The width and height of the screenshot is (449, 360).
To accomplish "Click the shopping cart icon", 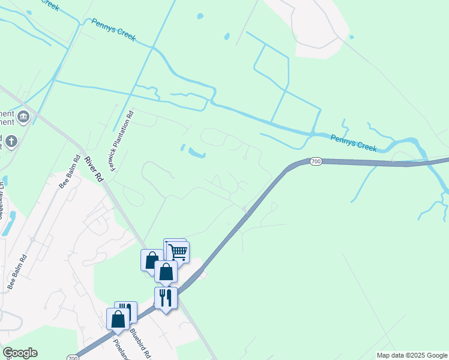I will click(178, 251).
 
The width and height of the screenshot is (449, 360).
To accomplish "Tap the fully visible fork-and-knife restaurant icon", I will click(166, 298).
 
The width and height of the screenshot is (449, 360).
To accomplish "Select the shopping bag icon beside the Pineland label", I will click(118, 319).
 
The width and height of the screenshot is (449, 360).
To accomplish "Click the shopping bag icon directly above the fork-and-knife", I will click(166, 272).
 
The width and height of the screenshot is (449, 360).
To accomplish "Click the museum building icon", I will click(23, 116).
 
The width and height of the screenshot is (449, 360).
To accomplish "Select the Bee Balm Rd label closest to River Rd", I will click(70, 173).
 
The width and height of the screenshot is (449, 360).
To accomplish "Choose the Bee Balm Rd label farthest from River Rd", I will click(17, 273).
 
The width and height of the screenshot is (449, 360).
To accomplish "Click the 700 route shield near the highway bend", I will click(316, 161).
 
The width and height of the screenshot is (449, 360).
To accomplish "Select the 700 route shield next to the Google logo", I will click(73, 358).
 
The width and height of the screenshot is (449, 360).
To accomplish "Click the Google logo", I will click(20, 353).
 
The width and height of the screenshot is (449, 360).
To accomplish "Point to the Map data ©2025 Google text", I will click(412, 355).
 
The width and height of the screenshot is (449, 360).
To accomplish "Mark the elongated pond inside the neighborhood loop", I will click(196, 153).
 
